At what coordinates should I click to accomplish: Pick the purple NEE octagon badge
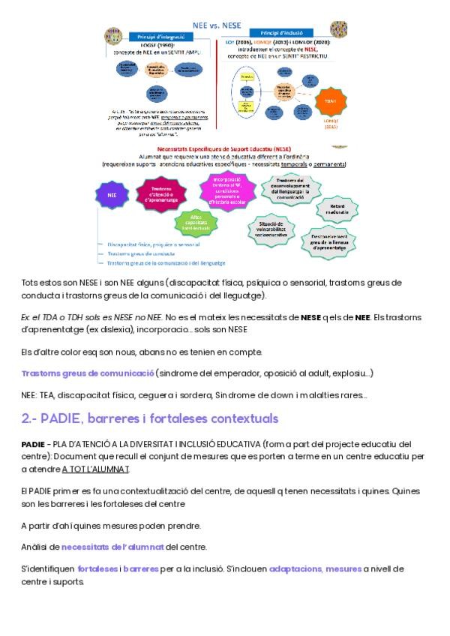click(112, 194)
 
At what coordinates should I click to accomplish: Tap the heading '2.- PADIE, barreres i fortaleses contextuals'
click(139, 417)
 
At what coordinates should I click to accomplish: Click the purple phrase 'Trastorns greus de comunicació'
click(87, 373)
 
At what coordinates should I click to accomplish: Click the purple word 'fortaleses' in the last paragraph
click(97, 569)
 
